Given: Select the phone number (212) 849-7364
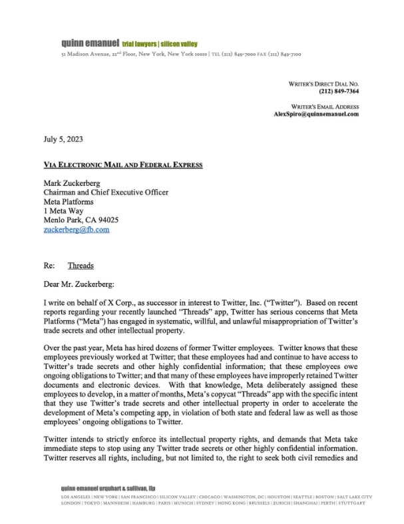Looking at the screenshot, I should pyautogui.click(x=339, y=91).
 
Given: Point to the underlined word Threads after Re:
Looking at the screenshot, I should pyautogui.click(x=81, y=265).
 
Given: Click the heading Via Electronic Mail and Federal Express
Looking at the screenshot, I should pyautogui.click(x=122, y=164).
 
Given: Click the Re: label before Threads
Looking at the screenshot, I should pyautogui.click(x=49, y=265).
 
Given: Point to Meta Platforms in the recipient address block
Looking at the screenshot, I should pyautogui.click(x=69, y=201).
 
